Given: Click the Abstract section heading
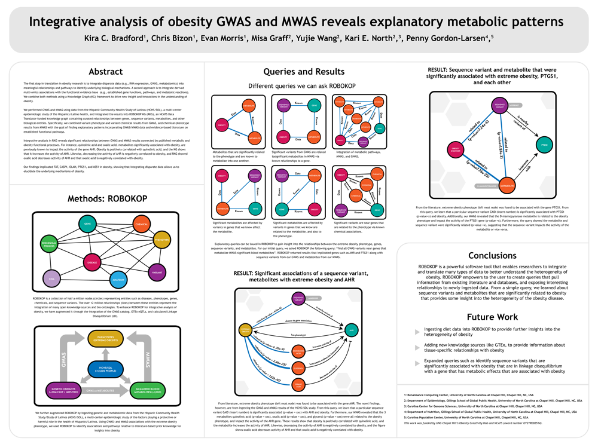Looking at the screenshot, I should click(105, 72).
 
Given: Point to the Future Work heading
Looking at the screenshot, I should click(492, 316).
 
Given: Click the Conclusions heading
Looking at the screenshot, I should click(492, 255).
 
